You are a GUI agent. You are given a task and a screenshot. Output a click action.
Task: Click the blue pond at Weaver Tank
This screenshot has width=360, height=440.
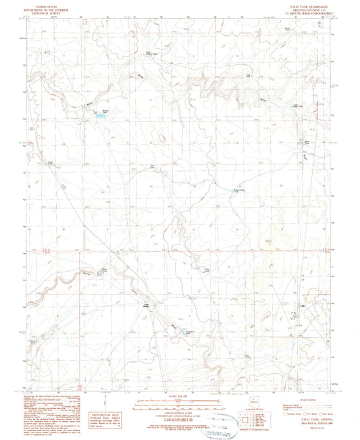[102, 116]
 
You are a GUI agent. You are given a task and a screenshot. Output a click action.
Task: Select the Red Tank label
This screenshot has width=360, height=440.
[153, 166]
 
